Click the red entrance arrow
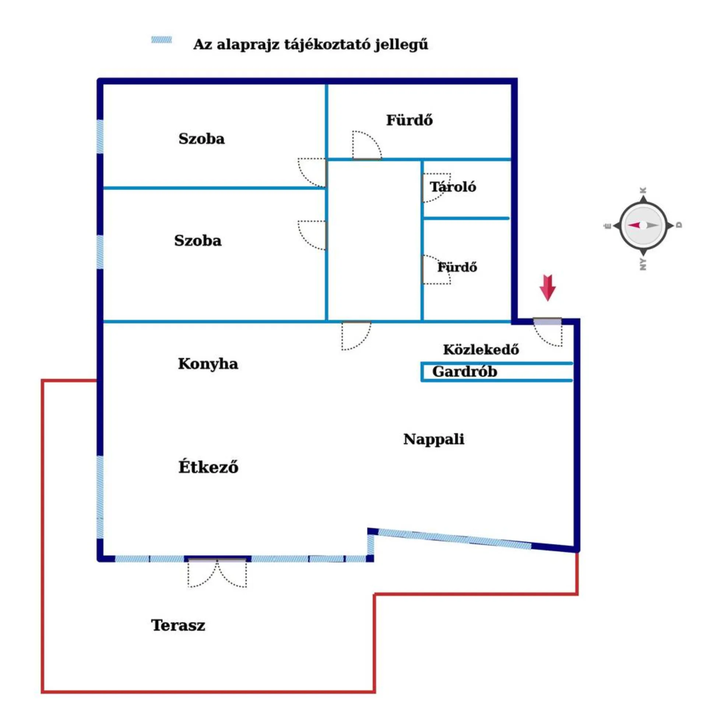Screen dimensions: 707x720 547,287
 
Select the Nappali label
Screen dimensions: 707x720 434,439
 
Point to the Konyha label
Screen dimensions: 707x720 208,364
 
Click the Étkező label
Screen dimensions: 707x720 208,467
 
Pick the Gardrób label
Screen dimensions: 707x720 465,371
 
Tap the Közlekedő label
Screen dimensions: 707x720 481,349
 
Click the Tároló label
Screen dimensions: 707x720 453,186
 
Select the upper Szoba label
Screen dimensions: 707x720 202,139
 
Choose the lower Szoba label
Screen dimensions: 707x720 198,240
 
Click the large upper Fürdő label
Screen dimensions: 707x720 409,120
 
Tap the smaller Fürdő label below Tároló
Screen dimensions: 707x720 457,267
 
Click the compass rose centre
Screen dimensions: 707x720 643,225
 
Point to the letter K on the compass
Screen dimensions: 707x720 644,190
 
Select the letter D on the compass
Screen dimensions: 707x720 679,225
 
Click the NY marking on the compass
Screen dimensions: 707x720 643,264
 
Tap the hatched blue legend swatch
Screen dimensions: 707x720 162,40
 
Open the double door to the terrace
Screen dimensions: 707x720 217,572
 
